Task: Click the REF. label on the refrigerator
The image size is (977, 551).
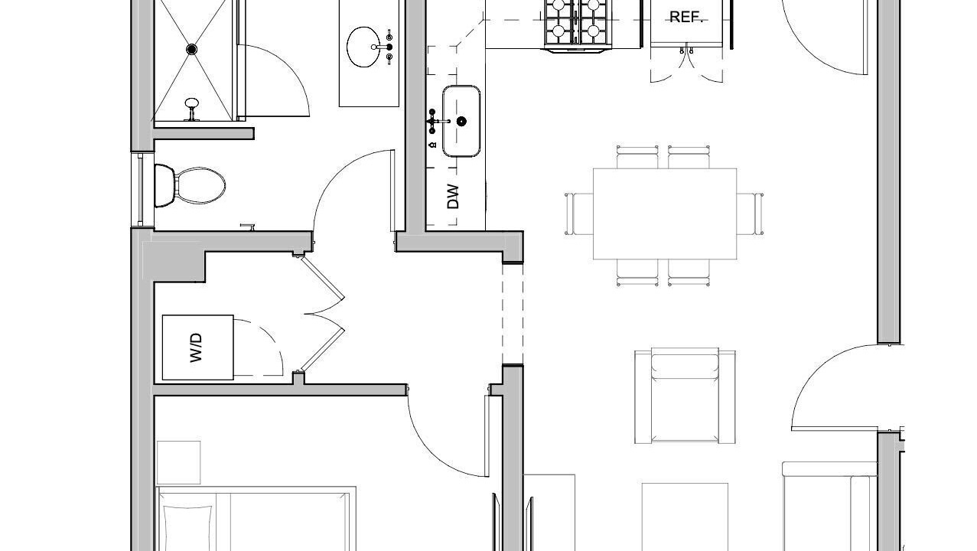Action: pyautogui.click(x=686, y=17)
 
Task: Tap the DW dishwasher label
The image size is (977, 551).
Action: pyautogui.click(x=453, y=197)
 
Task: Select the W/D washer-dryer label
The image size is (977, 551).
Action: pyautogui.click(x=197, y=347)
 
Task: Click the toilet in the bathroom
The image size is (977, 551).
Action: pyautogui.click(x=191, y=186)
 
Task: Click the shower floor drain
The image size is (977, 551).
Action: pyautogui.click(x=192, y=49)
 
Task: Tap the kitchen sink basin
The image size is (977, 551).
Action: pyautogui.click(x=461, y=121)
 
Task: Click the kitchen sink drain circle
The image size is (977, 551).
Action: pyautogui.click(x=461, y=121)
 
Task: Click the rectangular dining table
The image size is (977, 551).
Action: pyautogui.click(x=665, y=214)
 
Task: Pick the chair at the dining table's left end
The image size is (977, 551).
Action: pyautogui.click(x=579, y=214)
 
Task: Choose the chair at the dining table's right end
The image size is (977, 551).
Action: pyautogui.click(x=751, y=214)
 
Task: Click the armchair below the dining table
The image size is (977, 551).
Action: pyautogui.click(x=686, y=396)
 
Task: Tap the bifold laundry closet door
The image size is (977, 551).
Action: pyautogui.click(x=323, y=313)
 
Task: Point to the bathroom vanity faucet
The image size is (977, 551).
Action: pyautogui.click(x=386, y=47)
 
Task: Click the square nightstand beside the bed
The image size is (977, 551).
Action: pyautogui.click(x=179, y=462)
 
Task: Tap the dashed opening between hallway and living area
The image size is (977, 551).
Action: pyautogui.click(x=513, y=314)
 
